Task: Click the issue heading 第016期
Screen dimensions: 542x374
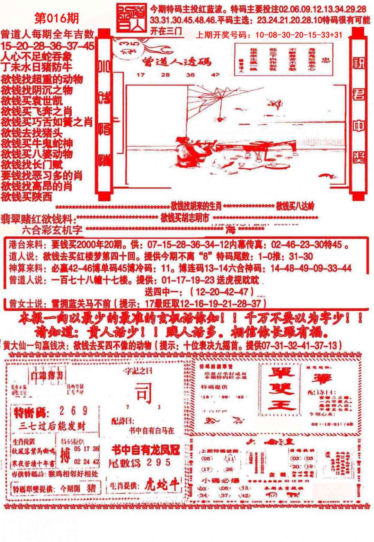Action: click(57, 18)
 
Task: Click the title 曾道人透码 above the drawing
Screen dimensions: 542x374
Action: click(176, 62)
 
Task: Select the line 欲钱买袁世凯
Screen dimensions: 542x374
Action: click(32, 101)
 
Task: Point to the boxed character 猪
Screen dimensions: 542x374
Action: click(91, 488)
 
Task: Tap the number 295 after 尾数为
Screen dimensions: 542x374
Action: click(158, 462)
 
